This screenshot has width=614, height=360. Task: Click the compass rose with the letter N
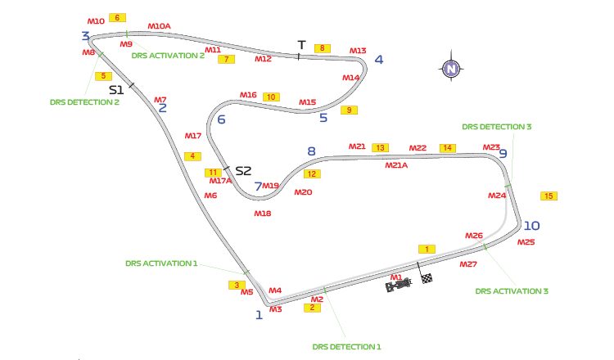coord(450,70)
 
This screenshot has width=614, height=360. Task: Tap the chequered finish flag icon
coord(427,278)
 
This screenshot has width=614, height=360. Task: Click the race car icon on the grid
coord(398,286)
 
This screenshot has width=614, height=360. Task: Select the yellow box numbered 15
coord(549,196)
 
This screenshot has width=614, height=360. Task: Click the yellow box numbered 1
coord(426,249)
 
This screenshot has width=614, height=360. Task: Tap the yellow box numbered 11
coord(214,173)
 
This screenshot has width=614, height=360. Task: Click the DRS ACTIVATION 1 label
coord(161,263)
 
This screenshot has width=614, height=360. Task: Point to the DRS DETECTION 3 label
coord(496,127)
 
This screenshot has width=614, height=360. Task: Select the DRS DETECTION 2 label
coord(83,103)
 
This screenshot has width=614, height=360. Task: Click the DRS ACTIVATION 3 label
coord(512,290)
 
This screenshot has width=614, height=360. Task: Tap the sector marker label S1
coord(116,88)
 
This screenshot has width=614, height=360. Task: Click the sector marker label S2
coord(243,171)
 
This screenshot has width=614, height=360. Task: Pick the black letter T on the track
coord(301,44)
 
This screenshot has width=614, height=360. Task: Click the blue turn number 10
coord(532,226)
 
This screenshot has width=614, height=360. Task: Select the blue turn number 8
coord(310,151)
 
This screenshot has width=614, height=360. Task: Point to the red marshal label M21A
coord(396,164)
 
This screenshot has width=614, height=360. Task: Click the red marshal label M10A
coord(159,26)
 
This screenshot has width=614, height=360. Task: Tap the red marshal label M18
coord(262,213)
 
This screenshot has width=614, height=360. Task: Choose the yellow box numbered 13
coord(380,148)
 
